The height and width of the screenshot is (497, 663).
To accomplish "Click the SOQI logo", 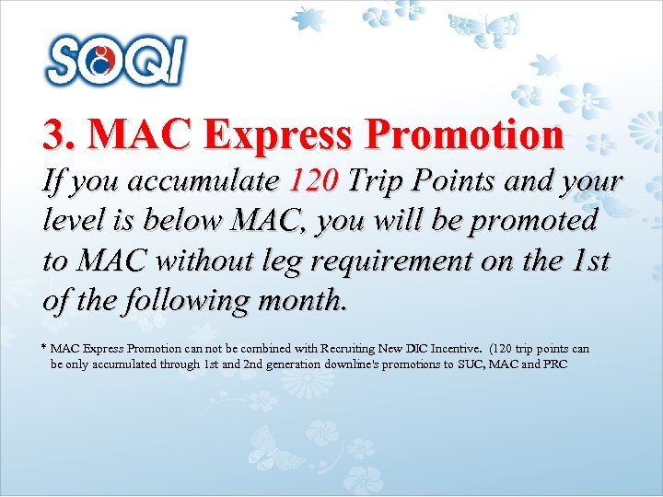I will click(x=116, y=60).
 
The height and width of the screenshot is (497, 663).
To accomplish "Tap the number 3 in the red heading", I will click(x=53, y=135).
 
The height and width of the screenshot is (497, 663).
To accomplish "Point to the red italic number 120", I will click(x=315, y=182).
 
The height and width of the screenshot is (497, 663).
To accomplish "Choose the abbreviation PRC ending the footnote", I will click(x=557, y=364).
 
